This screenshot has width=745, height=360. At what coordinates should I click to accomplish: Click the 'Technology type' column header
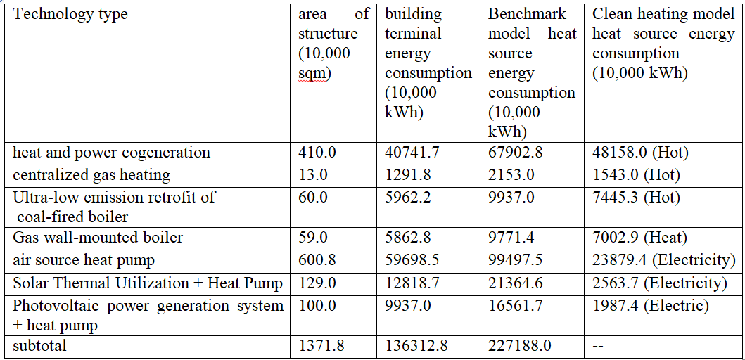click(x=70, y=15)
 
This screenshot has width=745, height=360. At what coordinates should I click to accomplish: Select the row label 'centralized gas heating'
click(x=91, y=175)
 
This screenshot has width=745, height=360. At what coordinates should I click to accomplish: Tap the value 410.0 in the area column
click(x=312, y=153)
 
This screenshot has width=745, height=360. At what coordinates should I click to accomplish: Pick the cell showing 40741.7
click(x=407, y=153)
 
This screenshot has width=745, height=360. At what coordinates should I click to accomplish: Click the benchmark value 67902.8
click(x=511, y=153)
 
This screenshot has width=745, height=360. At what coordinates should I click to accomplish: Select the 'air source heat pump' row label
click(x=84, y=260)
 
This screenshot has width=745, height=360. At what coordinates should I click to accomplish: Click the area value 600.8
click(x=312, y=260)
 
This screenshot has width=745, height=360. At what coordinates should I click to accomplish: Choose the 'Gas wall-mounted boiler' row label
click(x=98, y=236)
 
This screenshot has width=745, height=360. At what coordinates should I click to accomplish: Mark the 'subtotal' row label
click(x=40, y=345)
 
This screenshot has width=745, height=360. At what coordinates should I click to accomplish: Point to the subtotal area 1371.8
click(x=321, y=345)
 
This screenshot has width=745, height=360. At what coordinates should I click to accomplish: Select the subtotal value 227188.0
click(x=520, y=345)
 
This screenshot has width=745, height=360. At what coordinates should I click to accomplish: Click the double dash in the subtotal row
click(x=598, y=346)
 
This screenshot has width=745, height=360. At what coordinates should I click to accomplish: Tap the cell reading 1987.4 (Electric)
click(x=651, y=306)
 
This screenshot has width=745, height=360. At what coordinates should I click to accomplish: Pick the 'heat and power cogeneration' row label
click(x=111, y=153)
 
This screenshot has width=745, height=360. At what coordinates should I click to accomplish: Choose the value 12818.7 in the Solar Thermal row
click(x=407, y=283)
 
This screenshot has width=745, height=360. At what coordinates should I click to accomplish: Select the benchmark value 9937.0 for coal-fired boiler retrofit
click(x=507, y=197)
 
